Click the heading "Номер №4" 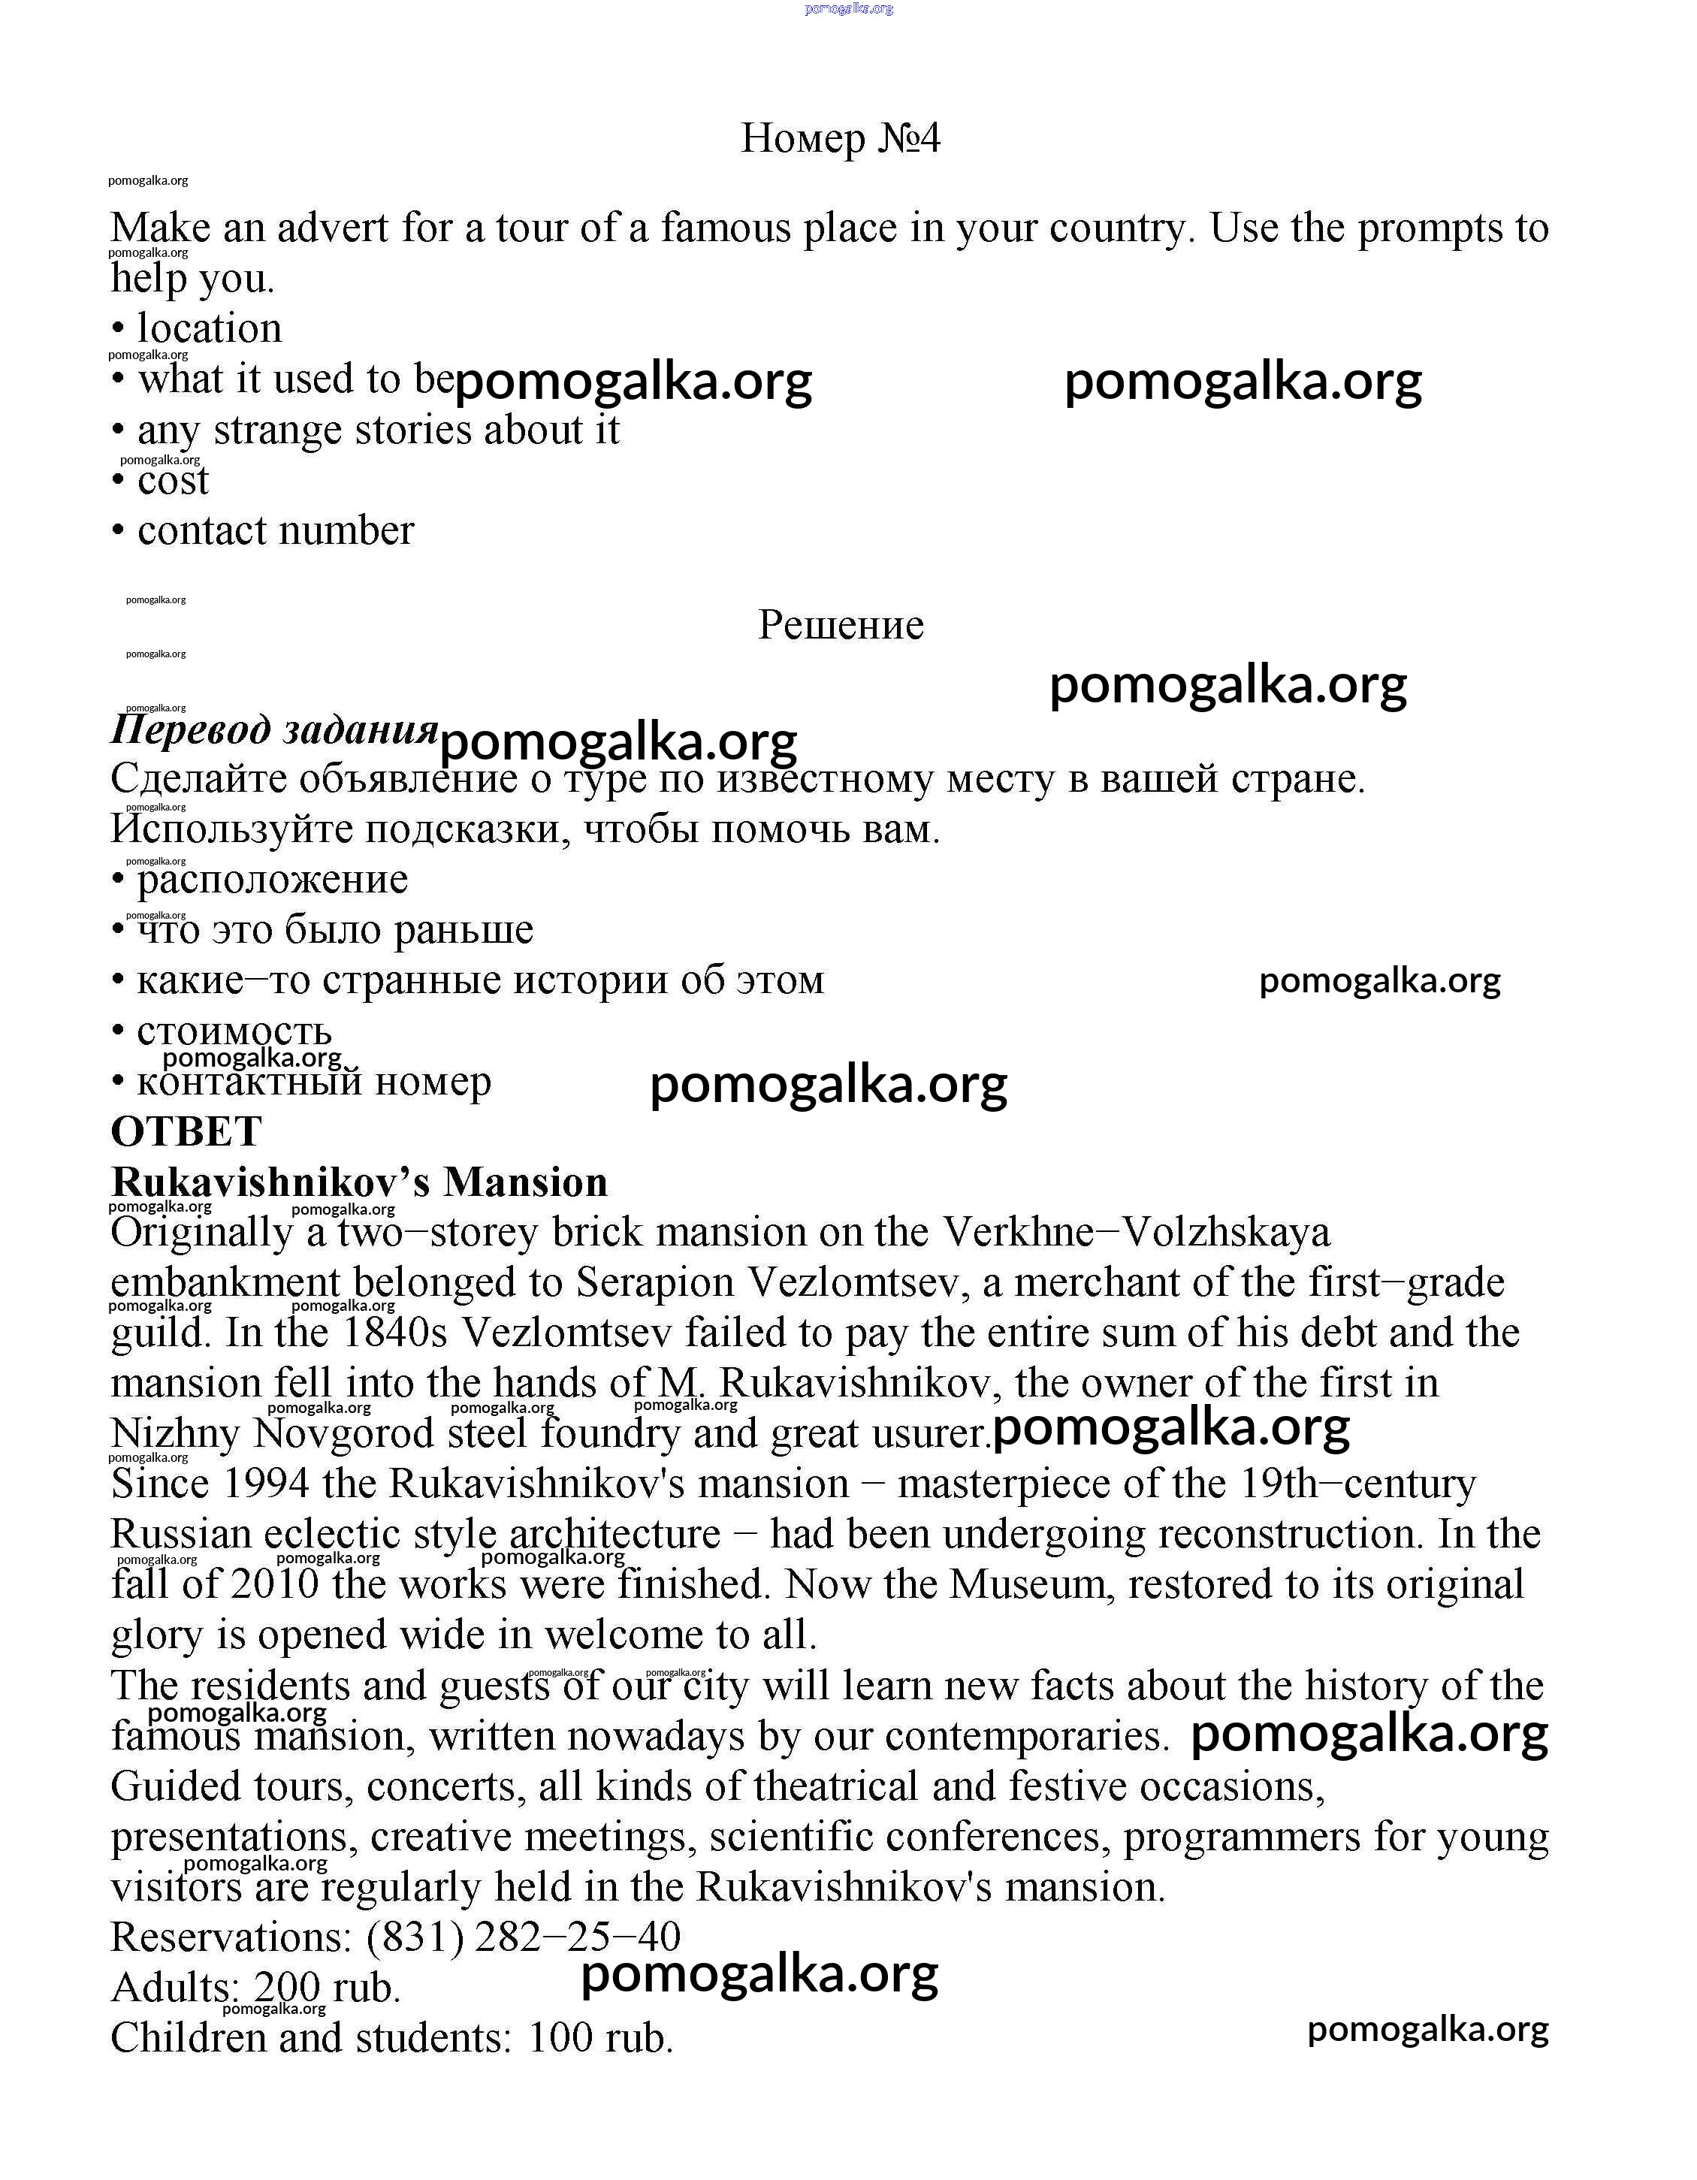coord(841,139)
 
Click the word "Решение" coord(841,626)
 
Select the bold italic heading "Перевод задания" coord(274,729)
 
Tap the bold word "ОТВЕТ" coord(186,1132)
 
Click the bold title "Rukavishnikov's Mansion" coord(359,1183)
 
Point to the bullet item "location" coord(210,328)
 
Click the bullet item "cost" coord(173,481)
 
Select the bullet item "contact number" coord(276,531)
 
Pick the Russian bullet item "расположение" coord(273,880)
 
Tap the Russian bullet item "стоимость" coord(234,1031)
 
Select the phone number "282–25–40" coord(577,1937)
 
